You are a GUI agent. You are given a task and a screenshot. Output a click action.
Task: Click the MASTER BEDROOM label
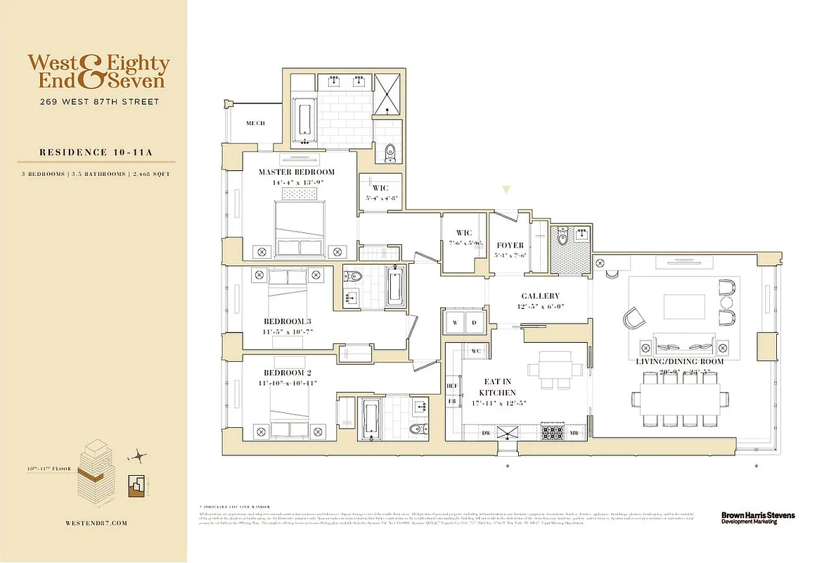pos(296,172)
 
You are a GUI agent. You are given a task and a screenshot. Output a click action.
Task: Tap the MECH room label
pos(255,123)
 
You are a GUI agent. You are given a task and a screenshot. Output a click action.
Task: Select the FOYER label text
pos(510,246)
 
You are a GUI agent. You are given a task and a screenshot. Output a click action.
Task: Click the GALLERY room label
pos(540,296)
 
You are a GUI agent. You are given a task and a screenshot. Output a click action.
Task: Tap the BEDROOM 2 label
pos(288,372)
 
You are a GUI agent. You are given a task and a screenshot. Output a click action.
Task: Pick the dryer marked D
pos(475,323)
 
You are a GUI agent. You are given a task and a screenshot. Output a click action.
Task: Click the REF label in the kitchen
pos(453,386)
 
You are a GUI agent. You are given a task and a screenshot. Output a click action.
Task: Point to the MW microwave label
pos(574,433)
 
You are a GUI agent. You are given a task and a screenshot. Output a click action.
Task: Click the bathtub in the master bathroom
pos(304,120)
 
